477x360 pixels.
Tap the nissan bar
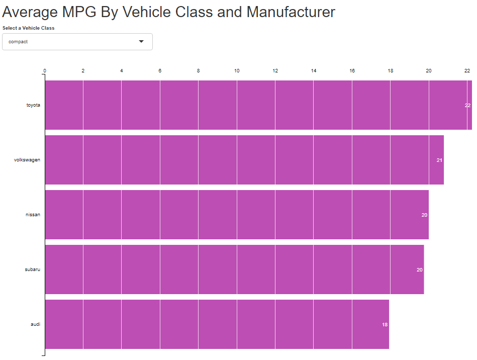[x=236, y=215]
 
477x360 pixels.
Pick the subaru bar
[x=234, y=269]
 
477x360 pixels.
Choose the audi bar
[x=217, y=324]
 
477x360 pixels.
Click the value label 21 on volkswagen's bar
[x=439, y=160]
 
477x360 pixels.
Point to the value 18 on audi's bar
[x=385, y=325]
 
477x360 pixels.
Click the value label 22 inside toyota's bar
[x=467, y=106]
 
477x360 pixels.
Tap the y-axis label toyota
[x=33, y=105]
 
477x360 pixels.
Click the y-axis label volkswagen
[x=27, y=160]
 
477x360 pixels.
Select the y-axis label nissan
[x=33, y=215]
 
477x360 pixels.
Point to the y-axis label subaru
[x=32, y=269]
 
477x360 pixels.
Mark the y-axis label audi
[x=35, y=324]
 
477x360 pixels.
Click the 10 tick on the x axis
[x=237, y=71]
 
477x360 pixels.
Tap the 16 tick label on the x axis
[x=352, y=71]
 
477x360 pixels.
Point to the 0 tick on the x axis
[x=45, y=71]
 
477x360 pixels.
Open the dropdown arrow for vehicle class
[x=141, y=42]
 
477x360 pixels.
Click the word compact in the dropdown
[x=18, y=42]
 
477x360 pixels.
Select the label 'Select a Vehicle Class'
[x=29, y=28]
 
